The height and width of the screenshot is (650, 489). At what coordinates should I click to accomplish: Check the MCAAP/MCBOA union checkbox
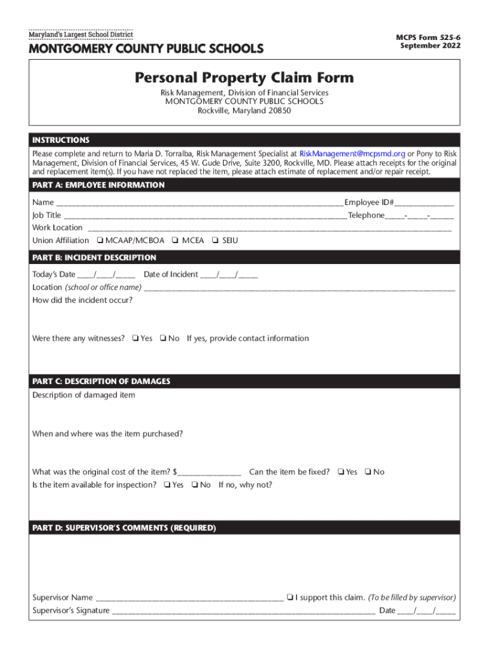tap(100, 241)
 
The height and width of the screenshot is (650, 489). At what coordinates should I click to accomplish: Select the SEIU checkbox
tap(215, 241)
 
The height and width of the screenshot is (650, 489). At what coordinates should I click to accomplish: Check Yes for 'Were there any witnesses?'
tap(135, 338)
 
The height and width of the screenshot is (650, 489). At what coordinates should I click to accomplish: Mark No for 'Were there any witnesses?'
tap(163, 338)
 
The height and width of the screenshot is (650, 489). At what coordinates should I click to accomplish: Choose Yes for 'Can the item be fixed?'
tap(341, 472)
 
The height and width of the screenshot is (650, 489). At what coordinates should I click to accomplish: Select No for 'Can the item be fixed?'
tap(368, 472)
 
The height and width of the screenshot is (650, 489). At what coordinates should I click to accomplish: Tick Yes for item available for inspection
tap(166, 485)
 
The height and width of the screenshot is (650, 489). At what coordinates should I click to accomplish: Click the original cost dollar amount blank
tap(211, 473)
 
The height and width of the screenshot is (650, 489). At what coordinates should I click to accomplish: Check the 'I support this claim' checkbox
tap(290, 598)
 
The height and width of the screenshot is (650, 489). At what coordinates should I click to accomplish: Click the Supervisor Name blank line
tap(189, 599)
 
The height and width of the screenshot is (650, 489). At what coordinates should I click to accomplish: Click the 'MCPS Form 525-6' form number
tap(429, 38)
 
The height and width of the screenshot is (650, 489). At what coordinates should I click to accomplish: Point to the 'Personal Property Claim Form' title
tap(244, 78)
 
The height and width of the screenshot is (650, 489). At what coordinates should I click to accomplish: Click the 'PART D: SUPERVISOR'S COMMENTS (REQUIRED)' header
tap(124, 528)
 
